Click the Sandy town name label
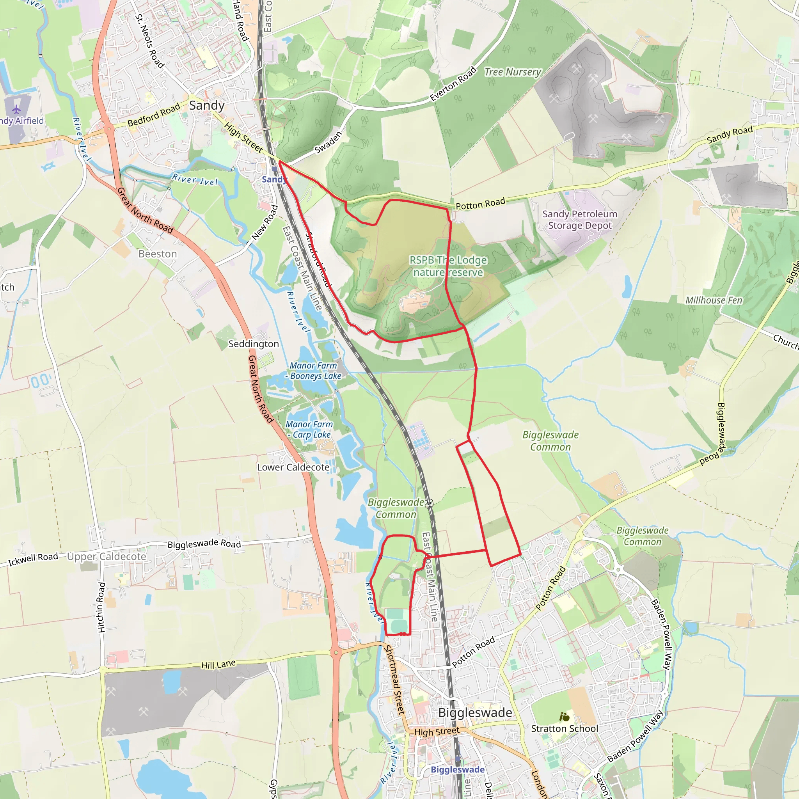pyautogui.click(x=206, y=105)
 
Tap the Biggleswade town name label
pyautogui.click(x=475, y=712)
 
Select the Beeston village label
pyautogui.click(x=158, y=254)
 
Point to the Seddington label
pyautogui.click(x=254, y=344)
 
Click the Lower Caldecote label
pyautogui.click(x=293, y=467)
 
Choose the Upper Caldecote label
pyautogui.click(x=107, y=556)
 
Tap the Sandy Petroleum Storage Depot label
pyautogui.click(x=579, y=220)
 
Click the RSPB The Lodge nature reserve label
pyautogui.click(x=448, y=266)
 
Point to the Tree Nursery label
pyautogui.click(x=512, y=72)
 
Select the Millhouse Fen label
pyautogui.click(x=714, y=300)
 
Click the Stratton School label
pyautogui.click(x=564, y=728)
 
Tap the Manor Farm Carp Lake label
pyautogui.click(x=309, y=429)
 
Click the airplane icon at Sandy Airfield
pyautogui.click(x=16, y=110)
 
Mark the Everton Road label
pyautogui.click(x=453, y=84)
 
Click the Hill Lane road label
pyautogui.click(x=218, y=664)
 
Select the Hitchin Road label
pyautogui.click(x=102, y=607)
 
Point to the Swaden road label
pyautogui.click(x=328, y=142)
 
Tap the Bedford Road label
pyautogui.click(x=153, y=115)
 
